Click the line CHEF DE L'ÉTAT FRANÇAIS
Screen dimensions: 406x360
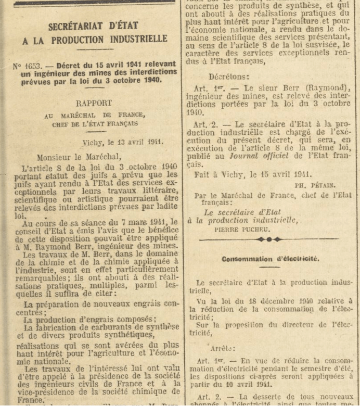click(x=95, y=124)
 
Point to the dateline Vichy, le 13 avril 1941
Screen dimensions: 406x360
click(x=123, y=141)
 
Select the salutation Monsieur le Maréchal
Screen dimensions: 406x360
click(x=79, y=157)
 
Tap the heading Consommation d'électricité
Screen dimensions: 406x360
click(x=271, y=259)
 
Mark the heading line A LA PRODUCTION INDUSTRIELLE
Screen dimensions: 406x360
click(x=95, y=40)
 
